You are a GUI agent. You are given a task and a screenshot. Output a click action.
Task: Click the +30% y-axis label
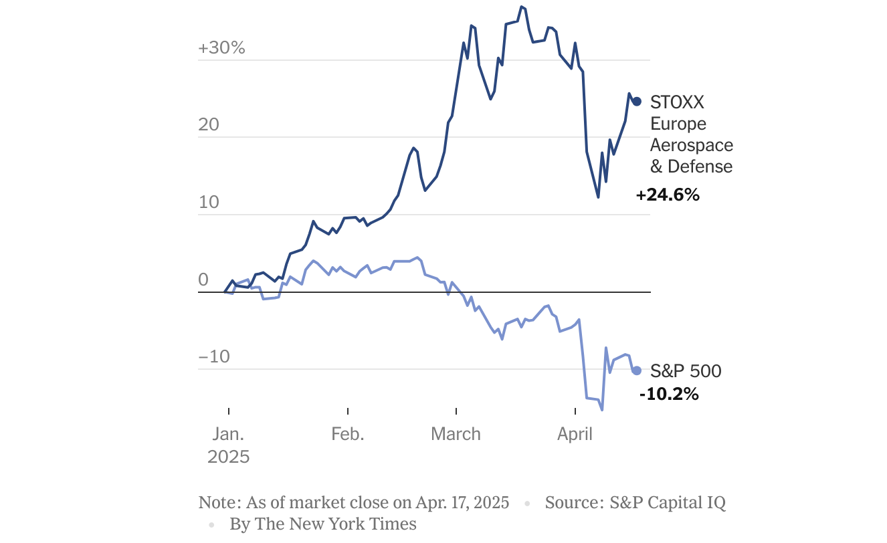click(221, 48)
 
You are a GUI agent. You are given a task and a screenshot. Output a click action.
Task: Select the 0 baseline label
click(204, 280)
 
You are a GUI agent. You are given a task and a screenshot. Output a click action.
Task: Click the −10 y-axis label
click(214, 357)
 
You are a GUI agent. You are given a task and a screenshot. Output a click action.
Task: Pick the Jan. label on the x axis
click(229, 434)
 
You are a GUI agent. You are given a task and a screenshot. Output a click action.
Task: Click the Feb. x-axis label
click(348, 434)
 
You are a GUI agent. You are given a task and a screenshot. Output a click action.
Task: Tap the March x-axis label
click(456, 434)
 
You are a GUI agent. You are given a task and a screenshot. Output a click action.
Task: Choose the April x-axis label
click(575, 434)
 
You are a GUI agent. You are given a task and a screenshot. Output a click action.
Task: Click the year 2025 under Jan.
click(229, 457)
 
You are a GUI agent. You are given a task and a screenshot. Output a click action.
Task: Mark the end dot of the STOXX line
click(637, 102)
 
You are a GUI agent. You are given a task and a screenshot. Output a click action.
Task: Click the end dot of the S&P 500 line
click(637, 370)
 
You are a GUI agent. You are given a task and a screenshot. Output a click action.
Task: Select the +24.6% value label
click(668, 195)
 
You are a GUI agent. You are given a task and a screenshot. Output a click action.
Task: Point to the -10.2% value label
click(669, 394)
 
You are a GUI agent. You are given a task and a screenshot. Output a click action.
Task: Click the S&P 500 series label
click(686, 370)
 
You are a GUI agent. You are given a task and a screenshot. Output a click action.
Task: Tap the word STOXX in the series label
click(677, 102)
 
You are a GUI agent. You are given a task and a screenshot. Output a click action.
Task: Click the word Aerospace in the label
click(692, 145)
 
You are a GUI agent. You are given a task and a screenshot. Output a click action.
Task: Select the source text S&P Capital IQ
click(668, 502)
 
